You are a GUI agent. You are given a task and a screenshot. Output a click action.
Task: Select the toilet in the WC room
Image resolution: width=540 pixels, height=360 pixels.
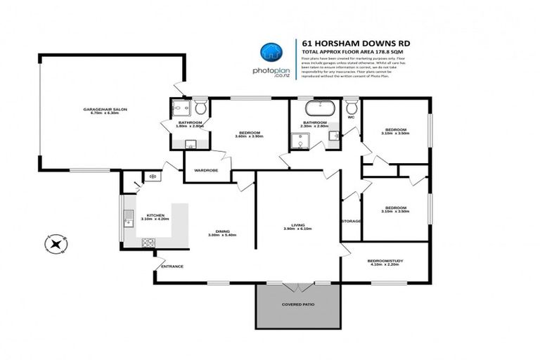[352, 107]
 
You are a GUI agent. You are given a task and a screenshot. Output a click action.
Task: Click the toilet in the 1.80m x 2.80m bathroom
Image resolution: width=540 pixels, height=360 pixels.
[200, 108]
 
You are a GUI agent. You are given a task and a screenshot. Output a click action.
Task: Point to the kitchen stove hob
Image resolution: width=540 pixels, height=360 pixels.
[148, 243]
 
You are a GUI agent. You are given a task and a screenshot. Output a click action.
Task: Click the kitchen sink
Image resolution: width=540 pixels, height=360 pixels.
[129, 221]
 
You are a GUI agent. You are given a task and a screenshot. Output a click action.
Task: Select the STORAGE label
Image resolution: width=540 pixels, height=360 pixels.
[351, 221]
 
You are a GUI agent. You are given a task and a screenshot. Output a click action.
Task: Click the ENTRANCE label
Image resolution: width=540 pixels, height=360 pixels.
[172, 266]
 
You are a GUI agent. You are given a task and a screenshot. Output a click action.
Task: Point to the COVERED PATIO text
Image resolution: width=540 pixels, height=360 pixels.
[299, 304]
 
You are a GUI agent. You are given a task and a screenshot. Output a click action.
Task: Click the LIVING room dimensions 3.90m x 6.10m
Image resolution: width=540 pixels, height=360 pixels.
[297, 229]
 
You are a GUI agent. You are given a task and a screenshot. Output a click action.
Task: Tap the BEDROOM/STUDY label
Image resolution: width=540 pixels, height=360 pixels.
[385, 261]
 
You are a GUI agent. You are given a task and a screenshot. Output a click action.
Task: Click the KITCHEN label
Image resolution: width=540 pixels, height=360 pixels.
[155, 215]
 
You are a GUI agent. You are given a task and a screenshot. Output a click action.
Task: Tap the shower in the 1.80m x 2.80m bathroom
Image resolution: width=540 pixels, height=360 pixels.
[179, 108]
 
